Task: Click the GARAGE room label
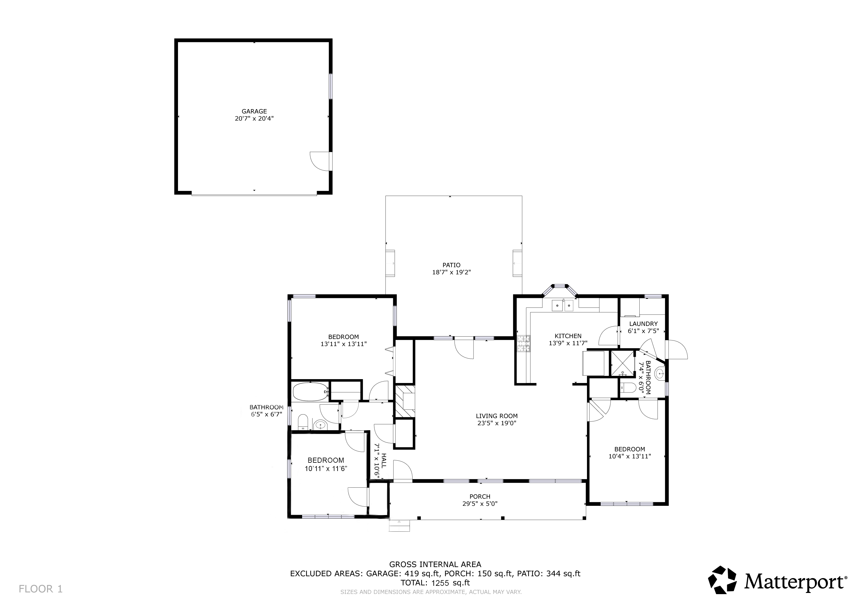(254, 112)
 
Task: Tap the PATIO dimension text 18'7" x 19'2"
(451, 272)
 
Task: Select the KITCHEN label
(568, 336)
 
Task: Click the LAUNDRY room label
(643, 324)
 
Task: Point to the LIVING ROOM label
(496, 416)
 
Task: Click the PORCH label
(480, 497)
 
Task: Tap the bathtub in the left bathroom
(310, 392)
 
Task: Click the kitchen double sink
(563, 306)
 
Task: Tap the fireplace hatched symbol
(405, 401)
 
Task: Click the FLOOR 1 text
(40, 589)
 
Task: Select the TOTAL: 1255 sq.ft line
(435, 583)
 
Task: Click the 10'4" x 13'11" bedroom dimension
(629, 456)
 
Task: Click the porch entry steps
(399, 526)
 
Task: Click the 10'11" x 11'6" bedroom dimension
(326, 468)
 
